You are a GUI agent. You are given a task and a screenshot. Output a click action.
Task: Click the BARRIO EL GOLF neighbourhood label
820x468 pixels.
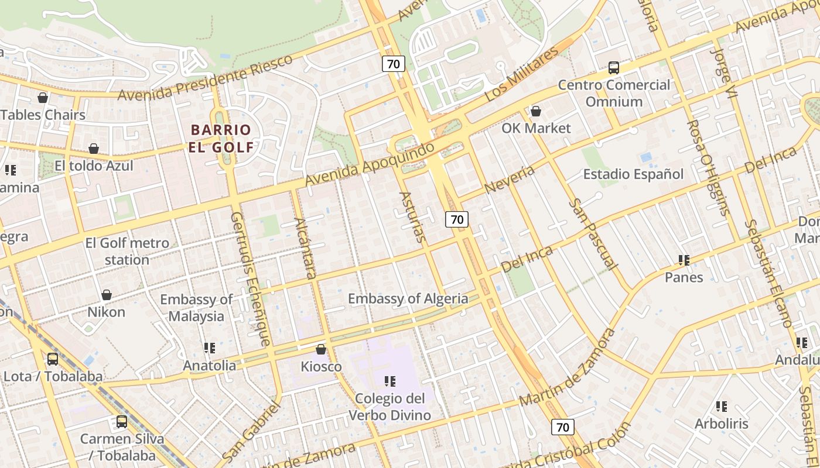click(220, 138)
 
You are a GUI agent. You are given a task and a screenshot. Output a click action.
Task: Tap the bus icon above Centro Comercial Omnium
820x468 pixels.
click(613, 68)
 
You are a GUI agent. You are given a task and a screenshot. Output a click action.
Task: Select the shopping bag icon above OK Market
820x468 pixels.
click(535, 111)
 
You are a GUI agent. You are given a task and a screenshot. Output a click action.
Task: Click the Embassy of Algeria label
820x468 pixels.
click(408, 299)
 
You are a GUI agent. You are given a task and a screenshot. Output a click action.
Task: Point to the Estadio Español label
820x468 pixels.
click(633, 174)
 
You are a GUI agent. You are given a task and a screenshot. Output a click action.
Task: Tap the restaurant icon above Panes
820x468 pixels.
click(684, 260)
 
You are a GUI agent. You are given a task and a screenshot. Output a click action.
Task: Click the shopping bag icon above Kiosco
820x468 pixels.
click(320, 349)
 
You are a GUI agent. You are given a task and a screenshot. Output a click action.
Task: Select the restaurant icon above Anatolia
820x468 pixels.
click(209, 348)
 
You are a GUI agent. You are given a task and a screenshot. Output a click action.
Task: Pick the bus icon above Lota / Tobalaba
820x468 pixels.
click(53, 359)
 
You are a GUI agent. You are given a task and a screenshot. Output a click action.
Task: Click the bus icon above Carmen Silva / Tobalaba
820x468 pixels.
click(121, 421)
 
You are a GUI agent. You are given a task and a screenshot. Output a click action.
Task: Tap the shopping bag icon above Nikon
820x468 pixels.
click(106, 295)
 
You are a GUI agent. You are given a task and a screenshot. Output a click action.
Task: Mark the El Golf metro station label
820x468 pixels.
click(127, 251)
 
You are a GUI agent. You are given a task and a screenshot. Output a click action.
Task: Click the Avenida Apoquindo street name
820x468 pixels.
click(370, 164)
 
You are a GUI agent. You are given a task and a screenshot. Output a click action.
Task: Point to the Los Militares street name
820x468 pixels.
click(522, 74)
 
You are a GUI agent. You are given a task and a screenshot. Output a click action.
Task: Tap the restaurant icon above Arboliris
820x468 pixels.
click(721, 406)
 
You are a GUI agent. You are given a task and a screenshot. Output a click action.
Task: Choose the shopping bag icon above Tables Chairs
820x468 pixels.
click(43, 98)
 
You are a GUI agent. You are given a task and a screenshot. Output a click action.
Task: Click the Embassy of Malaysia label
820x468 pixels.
click(196, 308)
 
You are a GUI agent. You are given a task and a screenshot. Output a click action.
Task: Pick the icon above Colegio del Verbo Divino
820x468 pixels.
click(389, 381)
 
